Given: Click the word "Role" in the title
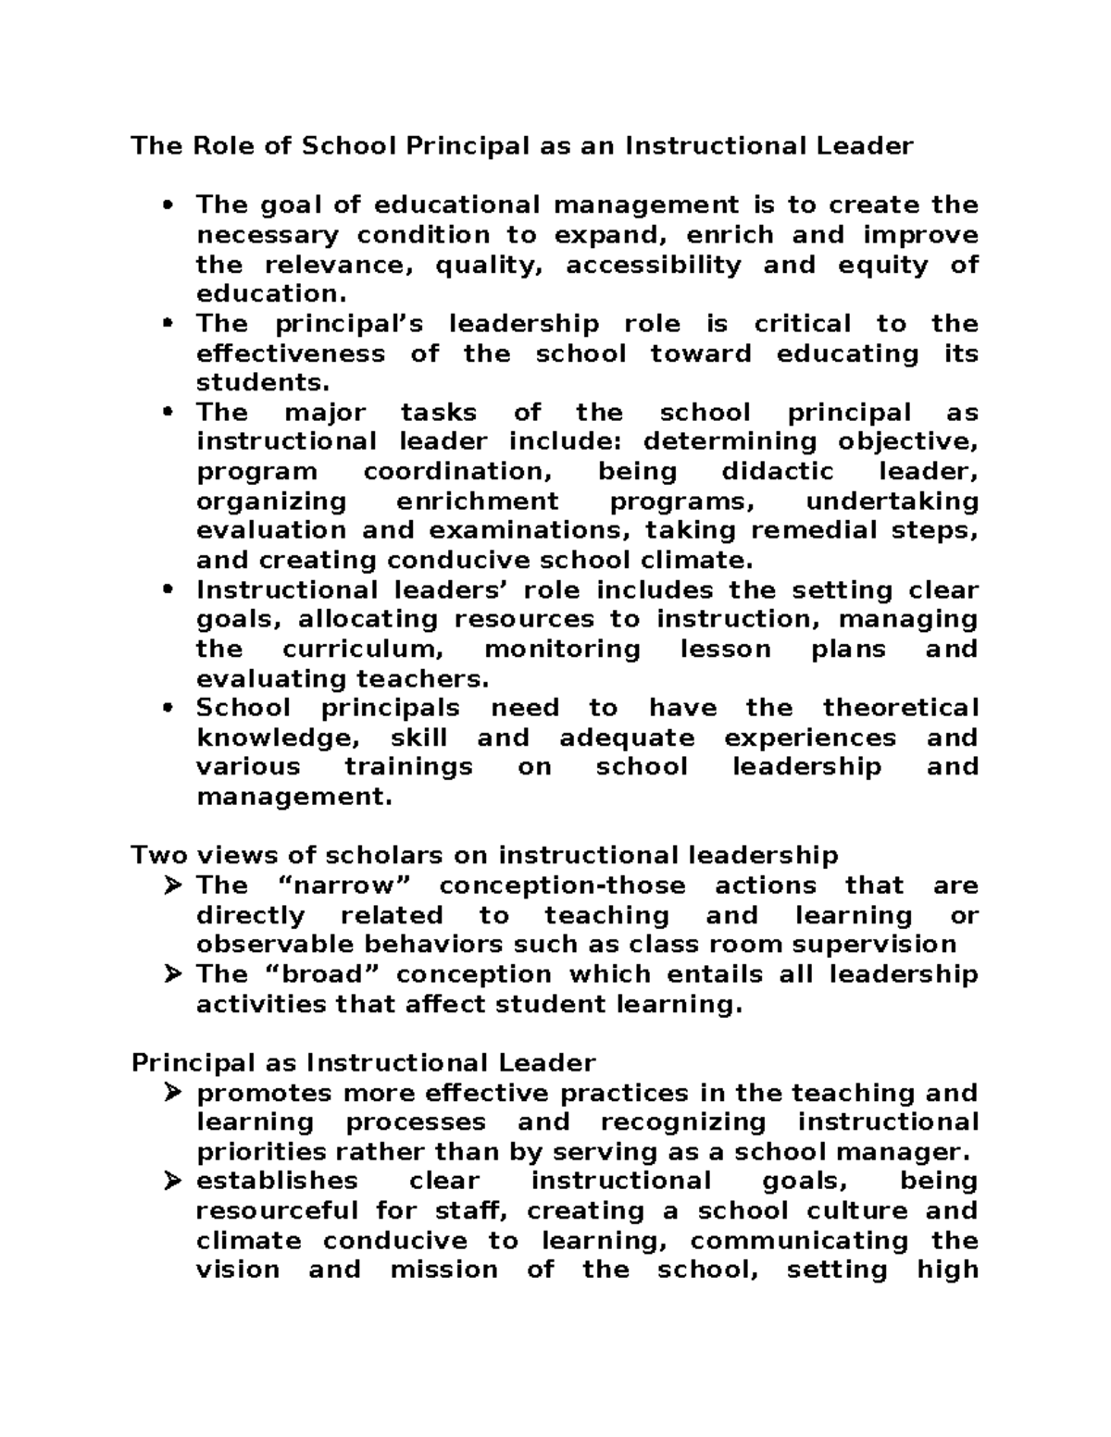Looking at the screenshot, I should point(223,146).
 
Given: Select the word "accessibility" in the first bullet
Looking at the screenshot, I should point(653,265).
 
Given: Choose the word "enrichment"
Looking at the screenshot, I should point(477,501).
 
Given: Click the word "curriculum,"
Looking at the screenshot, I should point(358,649).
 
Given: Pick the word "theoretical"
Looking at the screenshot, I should point(900,708).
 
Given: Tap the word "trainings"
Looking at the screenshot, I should point(408,766).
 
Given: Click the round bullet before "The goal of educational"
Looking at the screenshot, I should point(168,205).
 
